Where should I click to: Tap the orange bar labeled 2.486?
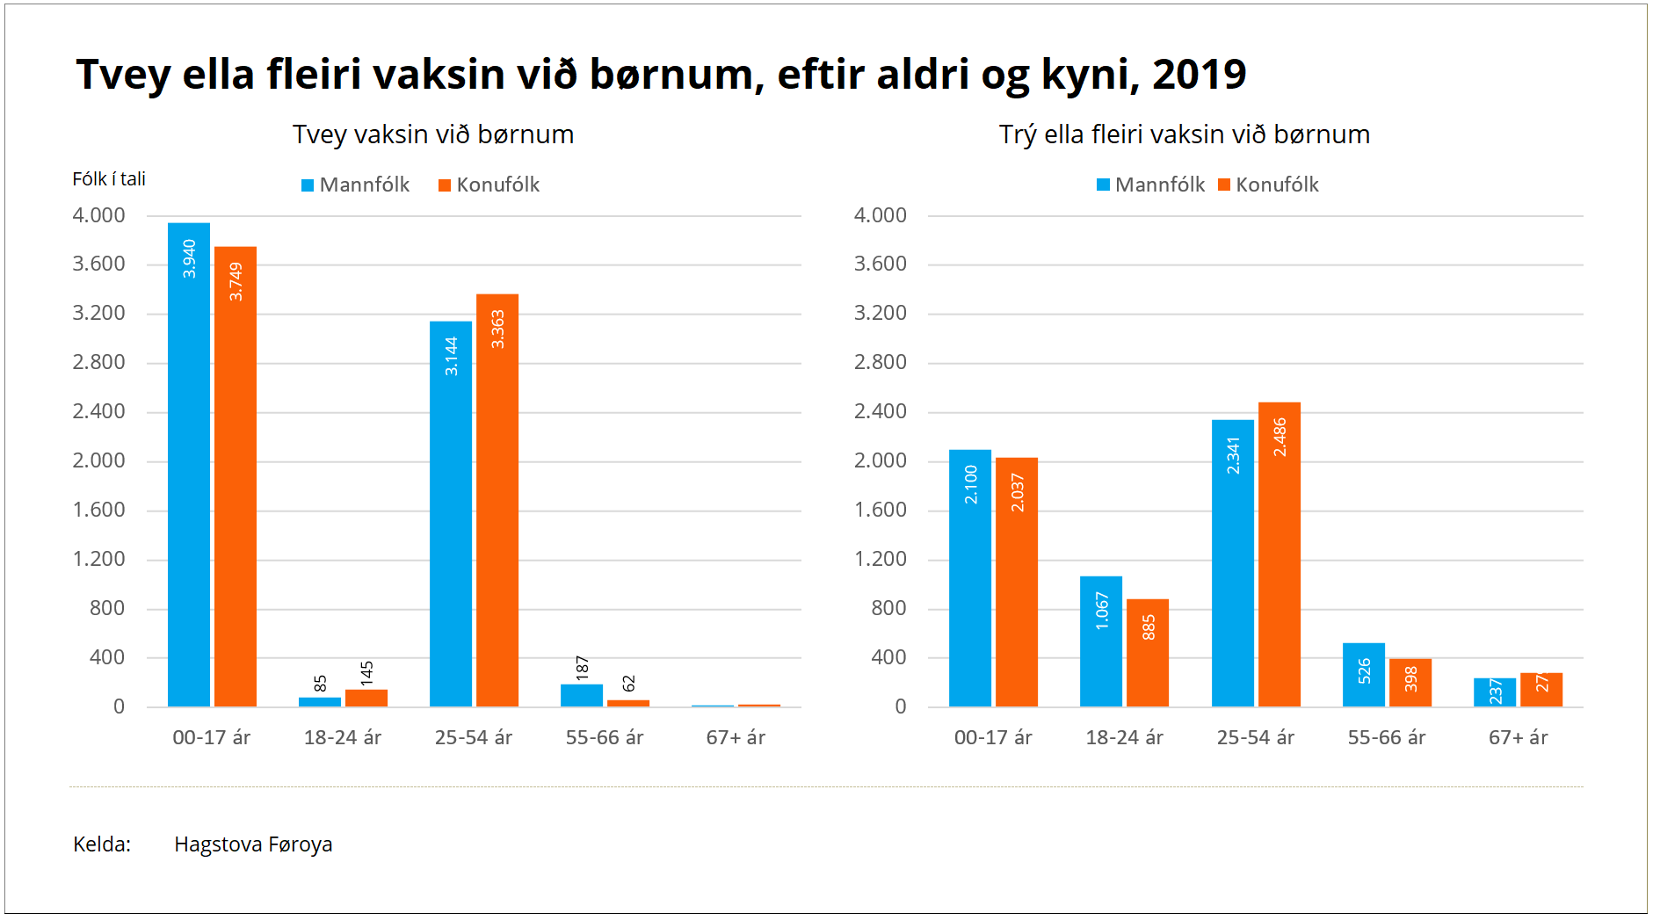[1280, 554]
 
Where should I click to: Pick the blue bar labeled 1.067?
[1101, 641]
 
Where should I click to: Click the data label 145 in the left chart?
[366, 673]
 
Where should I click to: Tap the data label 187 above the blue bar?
[582, 668]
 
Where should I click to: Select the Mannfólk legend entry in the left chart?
[356, 185]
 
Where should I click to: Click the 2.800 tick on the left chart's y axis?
[98, 362]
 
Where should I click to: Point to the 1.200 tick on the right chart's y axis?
[881, 559]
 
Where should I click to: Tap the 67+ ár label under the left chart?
[736, 737]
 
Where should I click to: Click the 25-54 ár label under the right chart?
[1255, 737]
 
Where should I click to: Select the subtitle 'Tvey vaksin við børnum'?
[433, 134]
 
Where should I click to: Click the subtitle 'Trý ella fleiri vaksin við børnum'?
[1184, 134]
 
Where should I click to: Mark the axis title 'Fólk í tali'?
[109, 179]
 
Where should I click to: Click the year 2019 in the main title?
[1199, 74]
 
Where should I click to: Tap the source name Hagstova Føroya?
[253, 844]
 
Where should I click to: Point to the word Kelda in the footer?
[100, 844]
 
